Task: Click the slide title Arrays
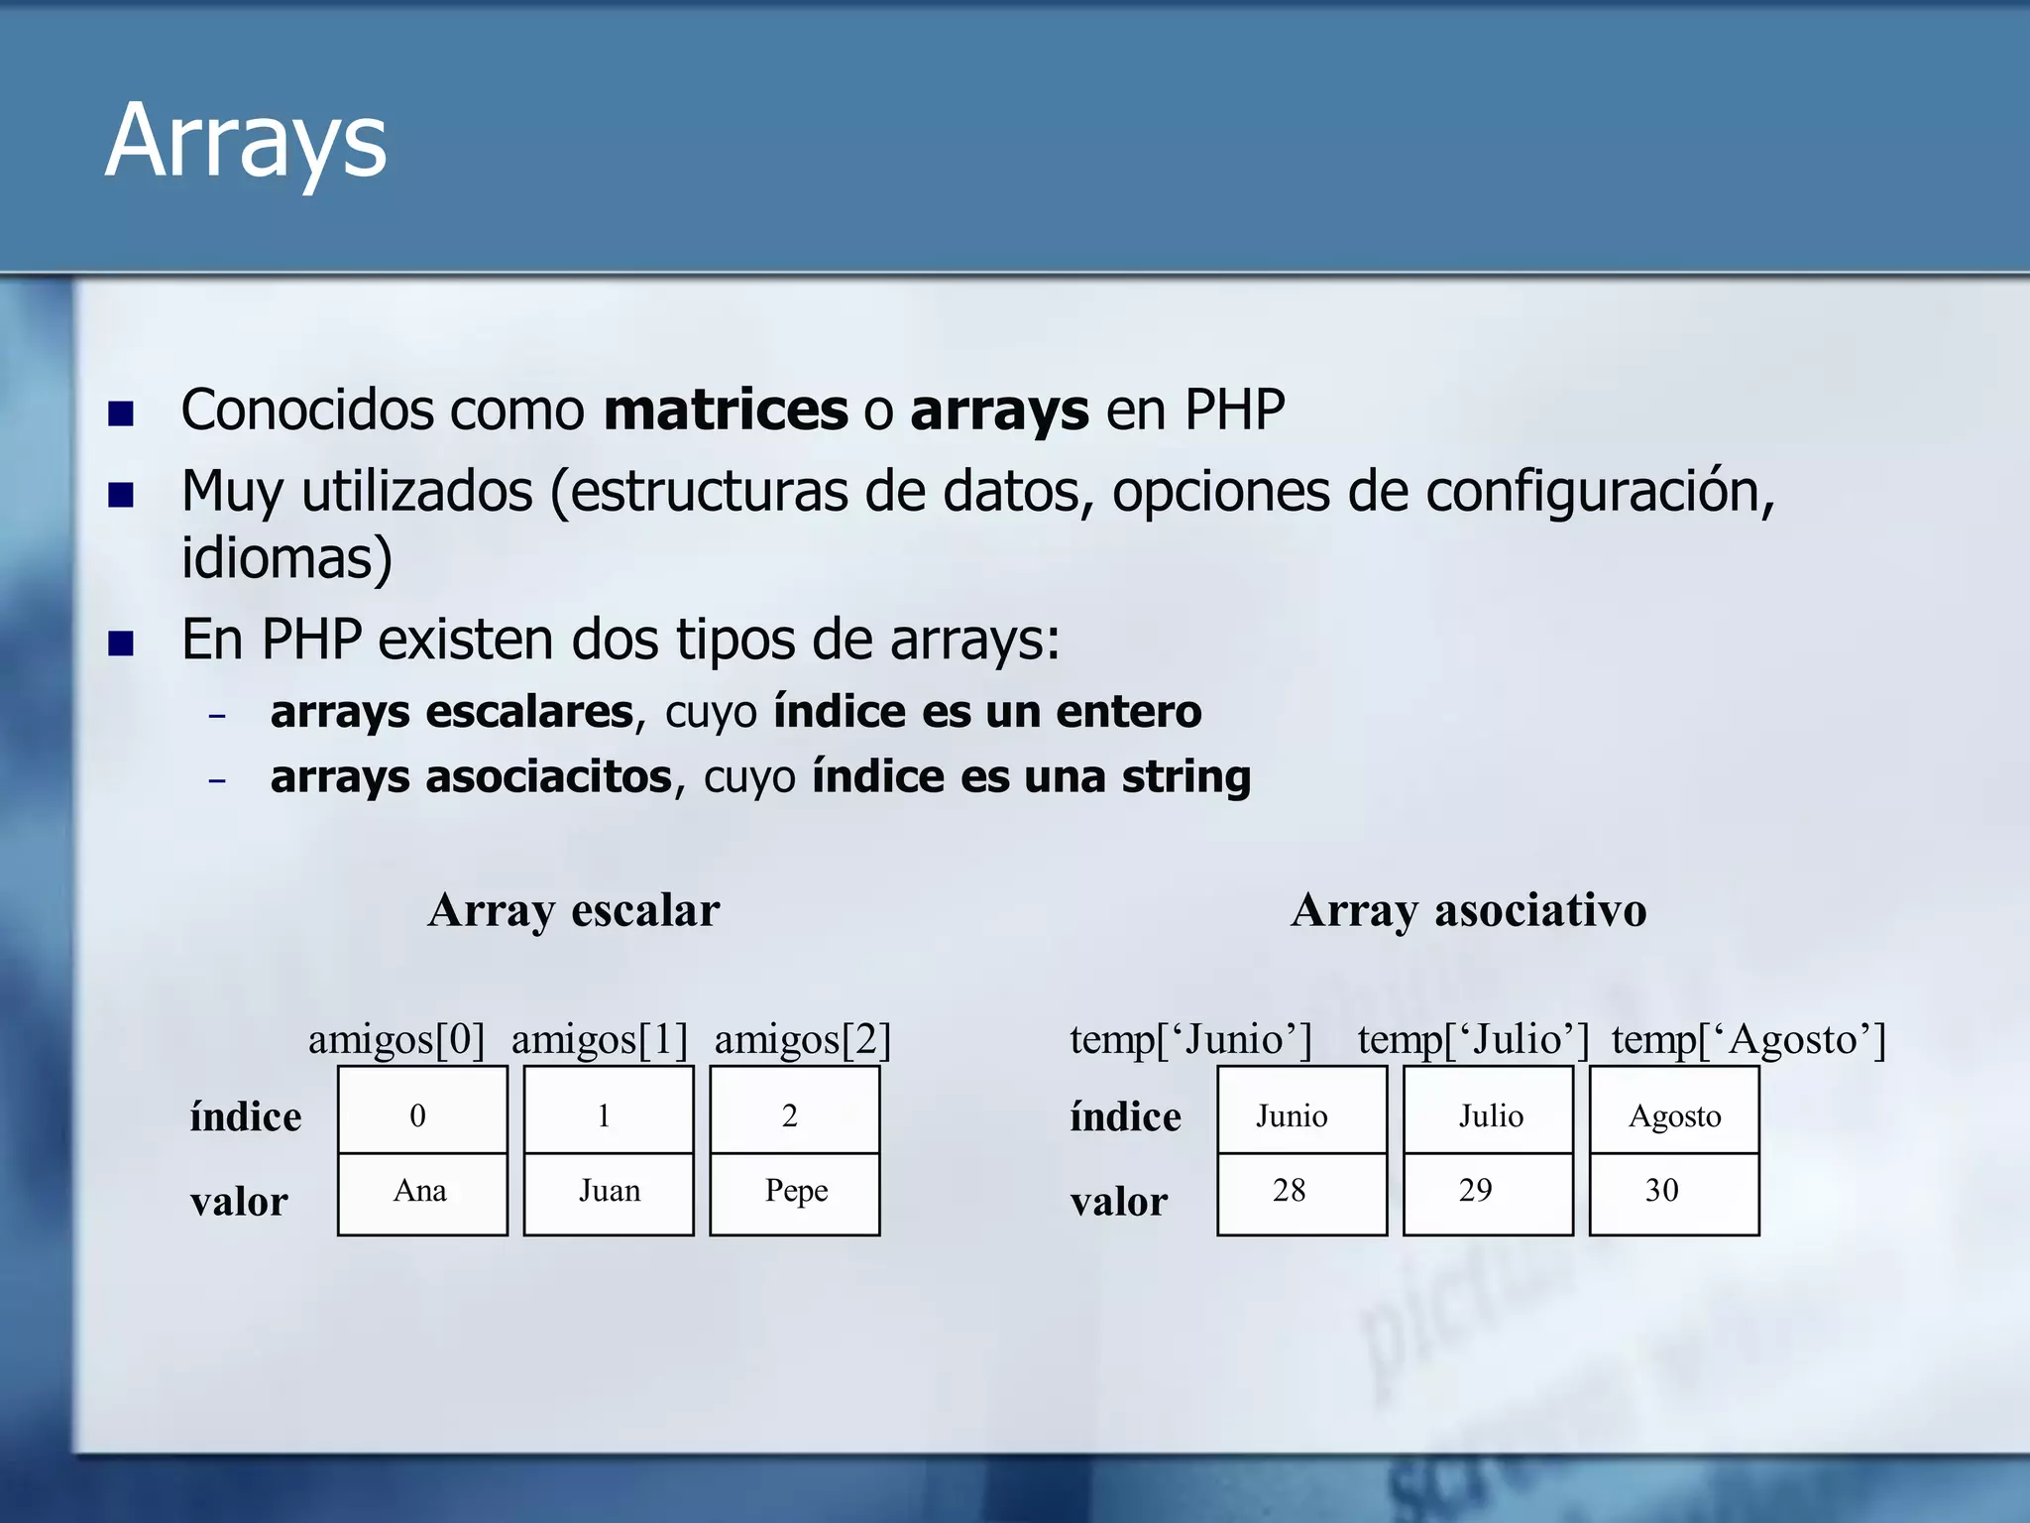(x=246, y=141)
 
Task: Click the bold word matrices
(x=726, y=410)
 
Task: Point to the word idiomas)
(x=286, y=558)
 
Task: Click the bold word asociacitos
(x=548, y=776)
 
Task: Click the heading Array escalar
(x=573, y=910)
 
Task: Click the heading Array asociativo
(x=1468, y=910)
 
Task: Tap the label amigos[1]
(x=599, y=1039)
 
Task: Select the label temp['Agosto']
(x=1748, y=1039)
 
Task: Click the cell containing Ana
(x=422, y=1193)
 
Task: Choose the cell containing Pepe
(x=795, y=1193)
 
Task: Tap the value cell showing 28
(x=1301, y=1193)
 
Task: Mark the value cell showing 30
(x=1673, y=1193)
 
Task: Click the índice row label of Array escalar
(x=245, y=1117)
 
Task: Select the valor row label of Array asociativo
(x=1118, y=1202)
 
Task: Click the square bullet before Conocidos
(x=121, y=412)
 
